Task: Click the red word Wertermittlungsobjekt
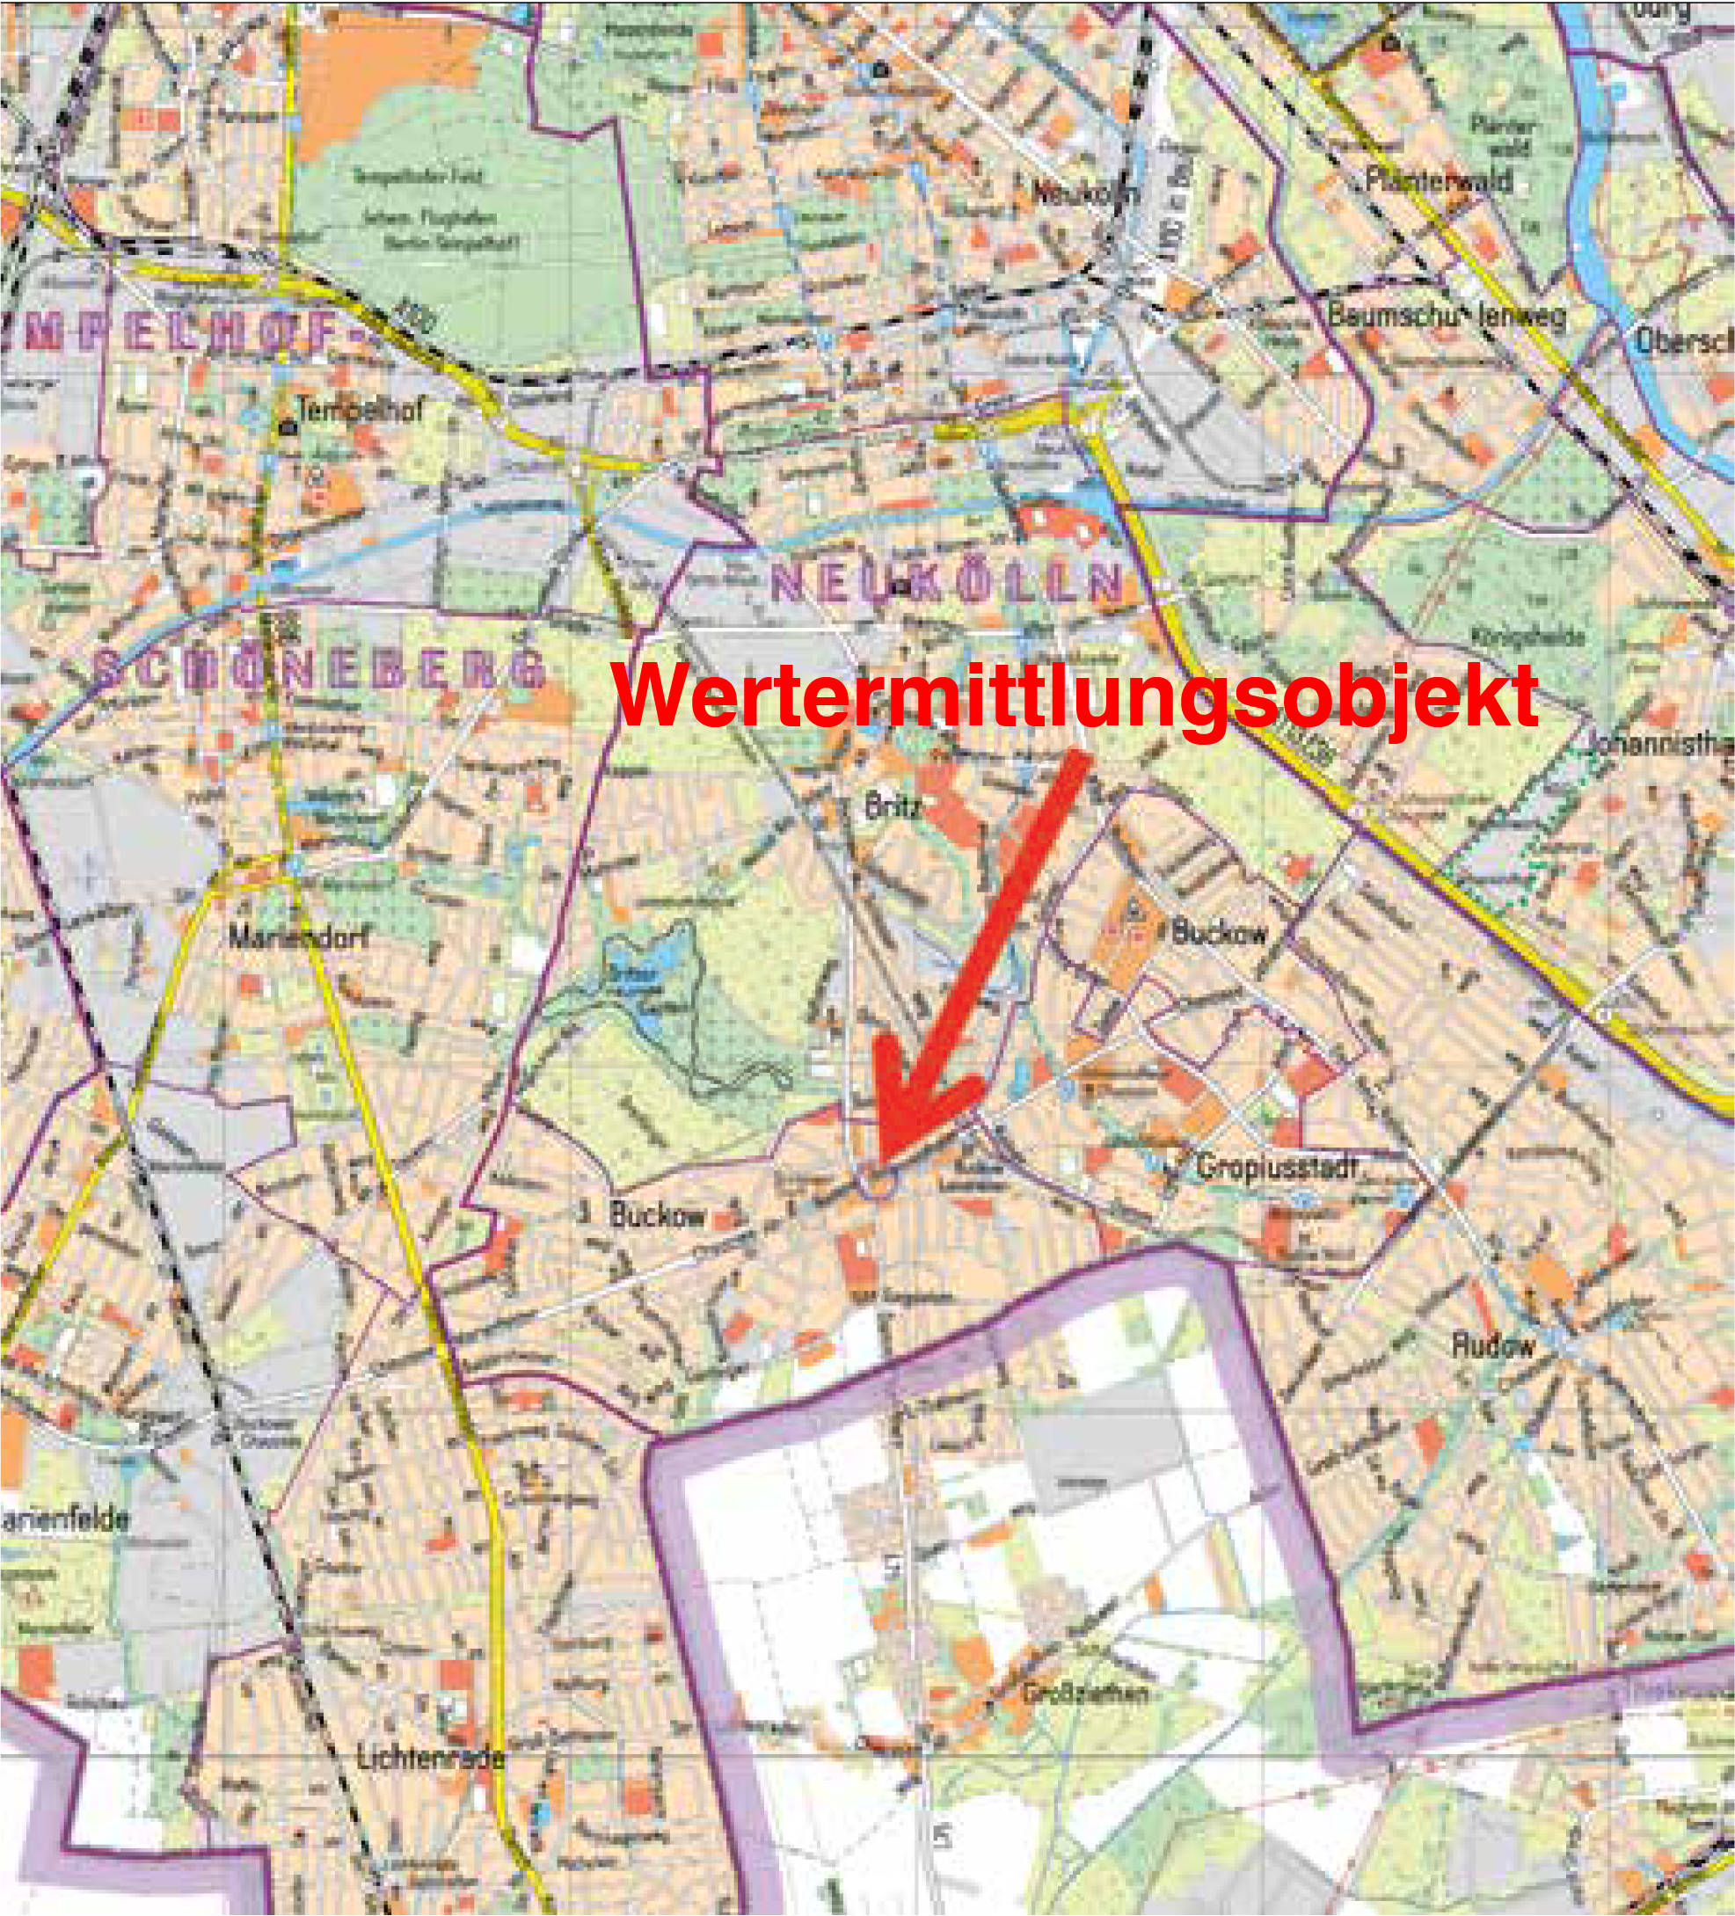[x=1075, y=696]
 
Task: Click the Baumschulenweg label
[x=1445, y=317]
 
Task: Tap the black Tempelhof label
[x=360, y=411]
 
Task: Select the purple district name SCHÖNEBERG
[x=318, y=671]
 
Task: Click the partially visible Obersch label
[x=1683, y=342]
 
